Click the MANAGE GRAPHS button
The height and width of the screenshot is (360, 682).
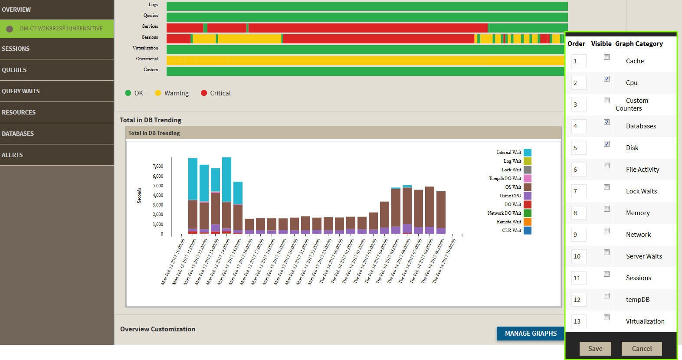pyautogui.click(x=530, y=333)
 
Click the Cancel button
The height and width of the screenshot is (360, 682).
pyautogui.click(x=641, y=348)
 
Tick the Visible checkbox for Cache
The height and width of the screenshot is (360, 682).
pyautogui.click(x=607, y=57)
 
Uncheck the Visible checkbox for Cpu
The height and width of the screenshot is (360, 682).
pyautogui.click(x=607, y=79)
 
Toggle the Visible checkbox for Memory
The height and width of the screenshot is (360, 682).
pyautogui.click(x=607, y=209)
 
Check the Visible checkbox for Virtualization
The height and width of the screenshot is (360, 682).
pyautogui.click(x=607, y=317)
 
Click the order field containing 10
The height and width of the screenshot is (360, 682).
pyautogui.click(x=579, y=256)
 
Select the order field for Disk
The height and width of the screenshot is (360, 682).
pyautogui.click(x=579, y=148)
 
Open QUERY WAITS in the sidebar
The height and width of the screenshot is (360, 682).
pyautogui.click(x=21, y=91)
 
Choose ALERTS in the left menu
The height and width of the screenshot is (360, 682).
pyautogui.click(x=12, y=155)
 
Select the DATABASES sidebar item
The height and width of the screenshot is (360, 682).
pyautogui.click(x=18, y=134)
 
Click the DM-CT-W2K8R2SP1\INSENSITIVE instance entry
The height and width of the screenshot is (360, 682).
pyautogui.click(x=61, y=29)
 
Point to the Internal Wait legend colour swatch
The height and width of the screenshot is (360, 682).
pyautogui.click(x=528, y=152)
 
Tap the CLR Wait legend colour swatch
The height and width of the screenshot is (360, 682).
pyautogui.click(x=528, y=230)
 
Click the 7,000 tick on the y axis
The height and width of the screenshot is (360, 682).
pyautogui.click(x=158, y=166)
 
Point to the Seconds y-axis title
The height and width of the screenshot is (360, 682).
pyautogui.click(x=139, y=195)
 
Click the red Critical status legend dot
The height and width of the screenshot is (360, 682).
pyautogui.click(x=204, y=93)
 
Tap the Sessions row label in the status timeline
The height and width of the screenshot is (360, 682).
pyautogui.click(x=150, y=37)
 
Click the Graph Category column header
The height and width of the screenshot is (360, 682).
pyautogui.click(x=639, y=44)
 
